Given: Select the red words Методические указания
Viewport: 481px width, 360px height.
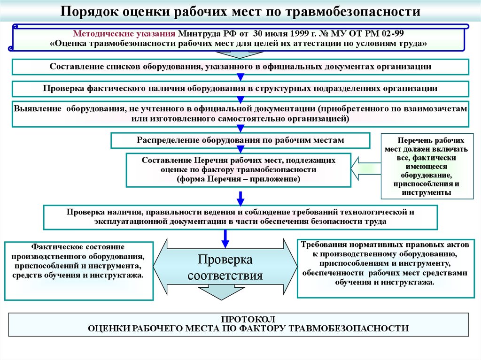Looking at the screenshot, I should click(x=124, y=34).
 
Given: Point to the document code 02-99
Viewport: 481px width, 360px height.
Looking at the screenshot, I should click(x=390, y=34).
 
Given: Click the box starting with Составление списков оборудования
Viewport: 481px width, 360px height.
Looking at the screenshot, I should click(x=240, y=67).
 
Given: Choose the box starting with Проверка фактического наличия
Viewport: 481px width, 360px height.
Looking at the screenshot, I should click(x=240, y=88).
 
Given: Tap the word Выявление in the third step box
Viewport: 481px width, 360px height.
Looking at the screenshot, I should click(x=38, y=108).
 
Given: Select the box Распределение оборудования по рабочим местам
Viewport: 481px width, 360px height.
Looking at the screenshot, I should click(x=240, y=140).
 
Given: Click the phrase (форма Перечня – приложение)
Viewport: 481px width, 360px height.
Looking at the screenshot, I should click(x=238, y=179).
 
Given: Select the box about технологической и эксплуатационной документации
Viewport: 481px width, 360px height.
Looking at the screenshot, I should click(x=240, y=217).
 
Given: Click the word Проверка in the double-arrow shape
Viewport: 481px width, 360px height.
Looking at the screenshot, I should click(x=225, y=260).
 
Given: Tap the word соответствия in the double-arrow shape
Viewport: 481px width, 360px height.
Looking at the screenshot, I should click(x=225, y=276).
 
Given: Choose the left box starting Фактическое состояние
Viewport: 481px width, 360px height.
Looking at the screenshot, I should click(x=78, y=270).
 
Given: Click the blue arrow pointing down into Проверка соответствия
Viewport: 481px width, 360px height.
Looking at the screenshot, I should click(x=225, y=237).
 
